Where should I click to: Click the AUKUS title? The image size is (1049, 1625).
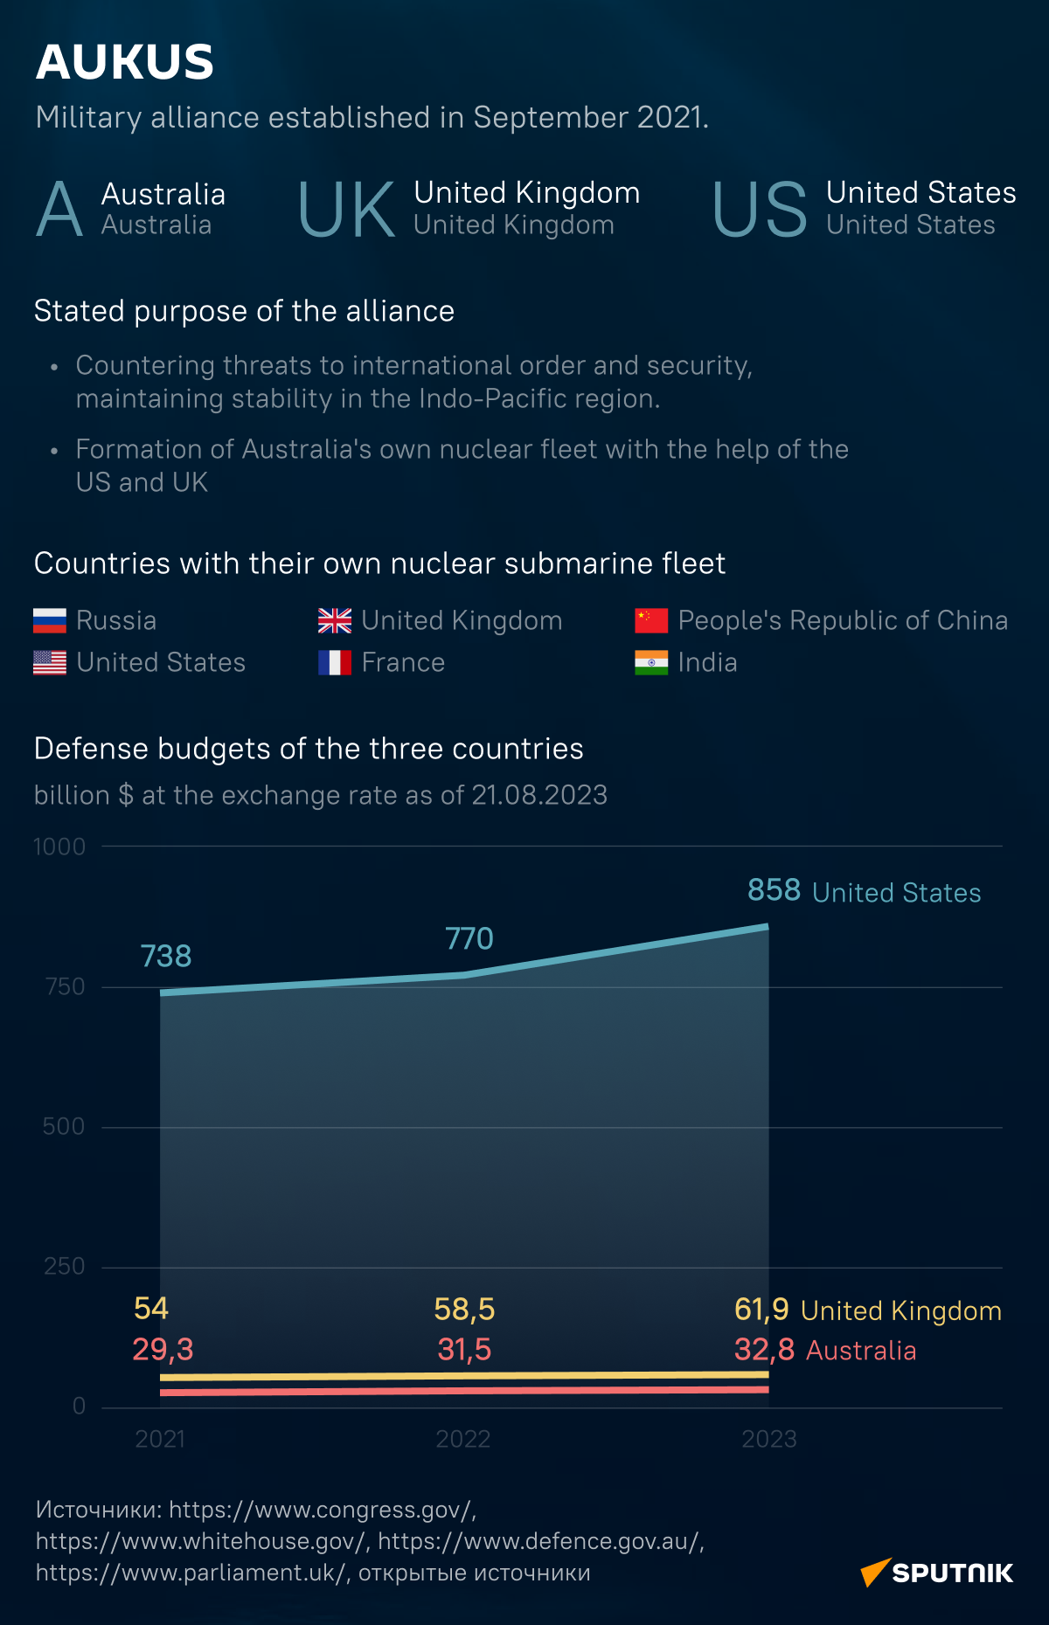tap(125, 63)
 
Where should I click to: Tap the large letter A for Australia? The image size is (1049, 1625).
tap(59, 210)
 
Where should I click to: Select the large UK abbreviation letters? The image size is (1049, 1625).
tap(346, 211)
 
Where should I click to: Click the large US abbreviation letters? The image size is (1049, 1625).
tap(760, 211)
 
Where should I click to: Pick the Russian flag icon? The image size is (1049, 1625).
tap(50, 620)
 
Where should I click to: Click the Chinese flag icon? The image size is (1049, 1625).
tap(651, 620)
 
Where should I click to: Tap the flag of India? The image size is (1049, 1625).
tap(651, 662)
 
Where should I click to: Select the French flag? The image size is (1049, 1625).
tap(335, 662)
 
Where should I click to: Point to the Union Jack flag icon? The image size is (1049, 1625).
tap(335, 620)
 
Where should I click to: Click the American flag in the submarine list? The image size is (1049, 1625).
tap(50, 662)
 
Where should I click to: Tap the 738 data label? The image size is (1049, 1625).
tap(166, 957)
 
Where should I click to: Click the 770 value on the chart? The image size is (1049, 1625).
tap(469, 939)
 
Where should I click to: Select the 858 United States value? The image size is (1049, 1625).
tap(775, 890)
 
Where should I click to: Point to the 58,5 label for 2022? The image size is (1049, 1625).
tap(464, 1310)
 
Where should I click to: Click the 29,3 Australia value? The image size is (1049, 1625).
tap(163, 1350)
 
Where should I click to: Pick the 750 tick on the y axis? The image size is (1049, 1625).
tap(66, 986)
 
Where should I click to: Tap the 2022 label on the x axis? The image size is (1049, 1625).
tap(463, 1439)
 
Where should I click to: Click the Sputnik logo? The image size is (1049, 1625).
tap(937, 1573)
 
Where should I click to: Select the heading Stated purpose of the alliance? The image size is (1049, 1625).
tap(244, 311)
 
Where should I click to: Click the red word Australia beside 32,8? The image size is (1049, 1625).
tap(861, 1351)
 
